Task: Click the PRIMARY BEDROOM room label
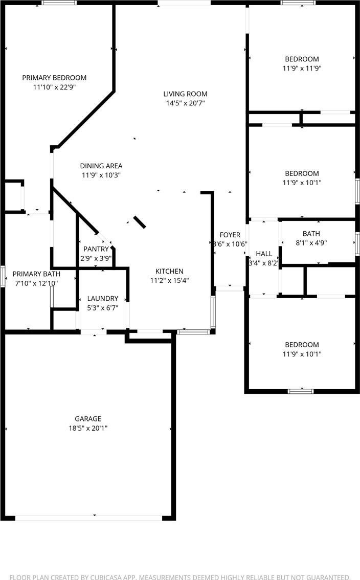[x=54, y=78]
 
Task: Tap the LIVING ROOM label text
[x=185, y=94]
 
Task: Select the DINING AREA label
[x=101, y=166]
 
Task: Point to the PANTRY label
[x=96, y=249]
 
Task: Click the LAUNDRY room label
[x=102, y=299]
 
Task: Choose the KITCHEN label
[x=169, y=271]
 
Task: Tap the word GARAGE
[x=88, y=419]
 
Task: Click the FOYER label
[x=230, y=235]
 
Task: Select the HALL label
[x=264, y=254]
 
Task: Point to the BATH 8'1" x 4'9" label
[x=311, y=238]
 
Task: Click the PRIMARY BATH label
[x=36, y=274]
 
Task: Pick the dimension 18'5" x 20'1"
[x=88, y=428]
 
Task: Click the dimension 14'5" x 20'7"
[x=185, y=103]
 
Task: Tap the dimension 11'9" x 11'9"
[x=302, y=69]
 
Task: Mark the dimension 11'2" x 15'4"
[x=169, y=280]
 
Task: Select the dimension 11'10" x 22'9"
[x=54, y=87]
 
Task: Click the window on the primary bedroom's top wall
[x=59, y=3]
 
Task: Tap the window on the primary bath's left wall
[x=2, y=276]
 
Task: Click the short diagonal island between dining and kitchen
[x=140, y=222]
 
